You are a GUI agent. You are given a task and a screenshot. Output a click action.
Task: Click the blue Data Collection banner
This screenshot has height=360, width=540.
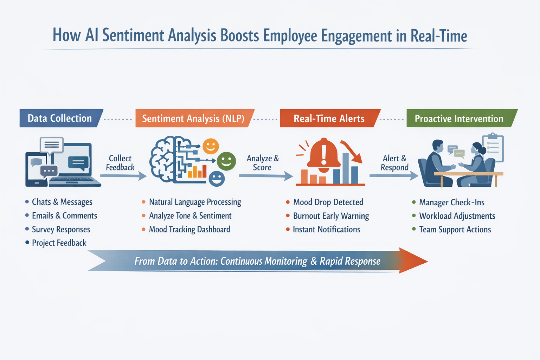click(62, 118)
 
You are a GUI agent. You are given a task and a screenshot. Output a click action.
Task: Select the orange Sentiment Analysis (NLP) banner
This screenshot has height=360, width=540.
click(195, 118)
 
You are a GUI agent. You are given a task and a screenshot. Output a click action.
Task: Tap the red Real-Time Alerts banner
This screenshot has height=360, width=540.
click(330, 118)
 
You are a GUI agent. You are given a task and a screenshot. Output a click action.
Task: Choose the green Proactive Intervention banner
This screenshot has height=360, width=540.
click(462, 118)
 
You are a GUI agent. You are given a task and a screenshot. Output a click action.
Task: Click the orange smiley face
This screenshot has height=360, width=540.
click(211, 146)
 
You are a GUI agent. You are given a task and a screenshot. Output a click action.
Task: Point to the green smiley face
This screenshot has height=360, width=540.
click(226, 161)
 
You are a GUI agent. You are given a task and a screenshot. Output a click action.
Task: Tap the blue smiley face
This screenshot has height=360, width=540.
click(217, 179)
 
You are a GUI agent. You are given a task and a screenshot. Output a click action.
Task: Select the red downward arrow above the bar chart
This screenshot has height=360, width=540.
click(352, 152)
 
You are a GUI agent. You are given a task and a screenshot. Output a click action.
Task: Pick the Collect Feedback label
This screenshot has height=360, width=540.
click(120, 163)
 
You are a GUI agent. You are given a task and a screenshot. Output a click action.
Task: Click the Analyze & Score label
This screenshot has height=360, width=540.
click(263, 163)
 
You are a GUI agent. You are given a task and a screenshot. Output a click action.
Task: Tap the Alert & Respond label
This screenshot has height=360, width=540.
click(394, 163)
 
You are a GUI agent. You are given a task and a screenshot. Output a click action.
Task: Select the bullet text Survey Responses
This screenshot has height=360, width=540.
click(61, 229)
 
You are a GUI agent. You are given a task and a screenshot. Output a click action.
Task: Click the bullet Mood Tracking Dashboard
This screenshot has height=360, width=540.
click(189, 229)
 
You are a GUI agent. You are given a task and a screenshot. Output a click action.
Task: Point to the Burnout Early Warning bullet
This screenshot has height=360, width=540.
click(331, 216)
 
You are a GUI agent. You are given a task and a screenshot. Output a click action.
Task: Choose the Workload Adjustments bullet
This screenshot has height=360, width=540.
click(457, 216)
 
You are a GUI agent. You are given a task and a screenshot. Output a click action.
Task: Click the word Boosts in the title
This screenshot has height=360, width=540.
click(239, 36)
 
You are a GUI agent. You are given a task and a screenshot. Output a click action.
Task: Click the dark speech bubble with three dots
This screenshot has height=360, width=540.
click(49, 171)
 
